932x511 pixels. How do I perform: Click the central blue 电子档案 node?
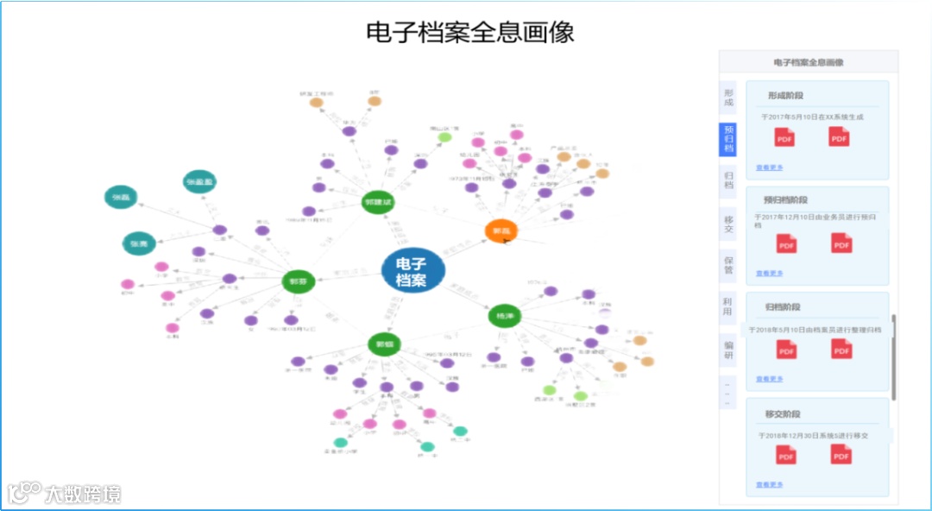[x=412, y=270]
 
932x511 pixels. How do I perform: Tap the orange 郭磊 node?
[x=501, y=230]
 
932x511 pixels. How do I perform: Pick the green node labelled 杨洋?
[x=505, y=316]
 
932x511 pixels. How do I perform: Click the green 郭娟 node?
[x=384, y=344]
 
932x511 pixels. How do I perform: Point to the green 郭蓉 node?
[x=299, y=281]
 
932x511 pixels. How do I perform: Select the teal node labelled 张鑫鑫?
[x=199, y=181]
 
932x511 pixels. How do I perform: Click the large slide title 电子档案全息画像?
[x=470, y=32]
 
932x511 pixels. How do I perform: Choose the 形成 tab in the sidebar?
[x=728, y=97]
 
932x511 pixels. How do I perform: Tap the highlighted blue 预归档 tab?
[x=728, y=139]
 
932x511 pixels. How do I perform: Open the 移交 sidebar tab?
[x=728, y=224]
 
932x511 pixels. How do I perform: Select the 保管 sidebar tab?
[x=728, y=263]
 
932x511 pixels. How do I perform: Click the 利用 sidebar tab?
[x=728, y=306]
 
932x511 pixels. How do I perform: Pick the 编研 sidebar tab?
[x=728, y=350]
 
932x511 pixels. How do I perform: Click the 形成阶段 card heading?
[x=785, y=96]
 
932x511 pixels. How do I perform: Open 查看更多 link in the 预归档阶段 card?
[x=770, y=273]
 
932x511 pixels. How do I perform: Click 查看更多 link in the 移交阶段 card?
[x=770, y=485]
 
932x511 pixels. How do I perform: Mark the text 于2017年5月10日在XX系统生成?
[x=812, y=117]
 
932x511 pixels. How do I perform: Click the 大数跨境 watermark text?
[x=83, y=494]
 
